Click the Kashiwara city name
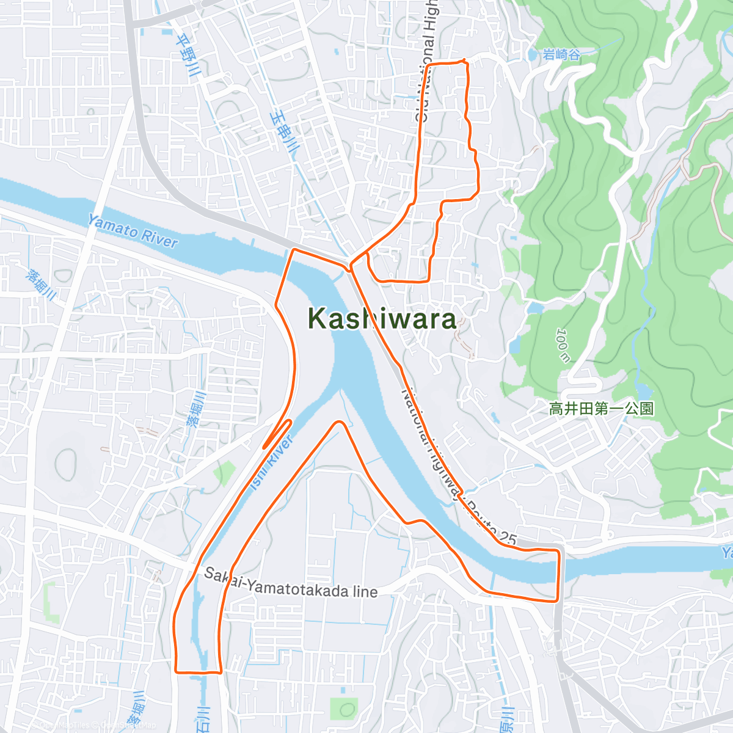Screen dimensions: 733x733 pyautogui.click(x=382, y=319)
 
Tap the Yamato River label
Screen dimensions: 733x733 pyautogui.click(x=132, y=230)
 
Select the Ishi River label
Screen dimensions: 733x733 pyautogui.click(x=272, y=462)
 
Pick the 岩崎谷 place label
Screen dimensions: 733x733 pyautogui.click(x=561, y=55)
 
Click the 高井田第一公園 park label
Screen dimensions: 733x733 pyautogui.click(x=601, y=409)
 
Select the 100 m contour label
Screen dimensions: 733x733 pyautogui.click(x=563, y=345)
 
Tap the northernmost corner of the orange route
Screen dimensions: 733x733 pyautogui.click(x=465, y=60)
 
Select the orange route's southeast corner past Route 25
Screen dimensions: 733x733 pyautogui.click(x=557, y=600)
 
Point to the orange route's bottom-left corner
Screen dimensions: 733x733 pyautogui.click(x=177, y=671)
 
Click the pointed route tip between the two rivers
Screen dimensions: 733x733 pyautogui.click(x=338, y=422)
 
